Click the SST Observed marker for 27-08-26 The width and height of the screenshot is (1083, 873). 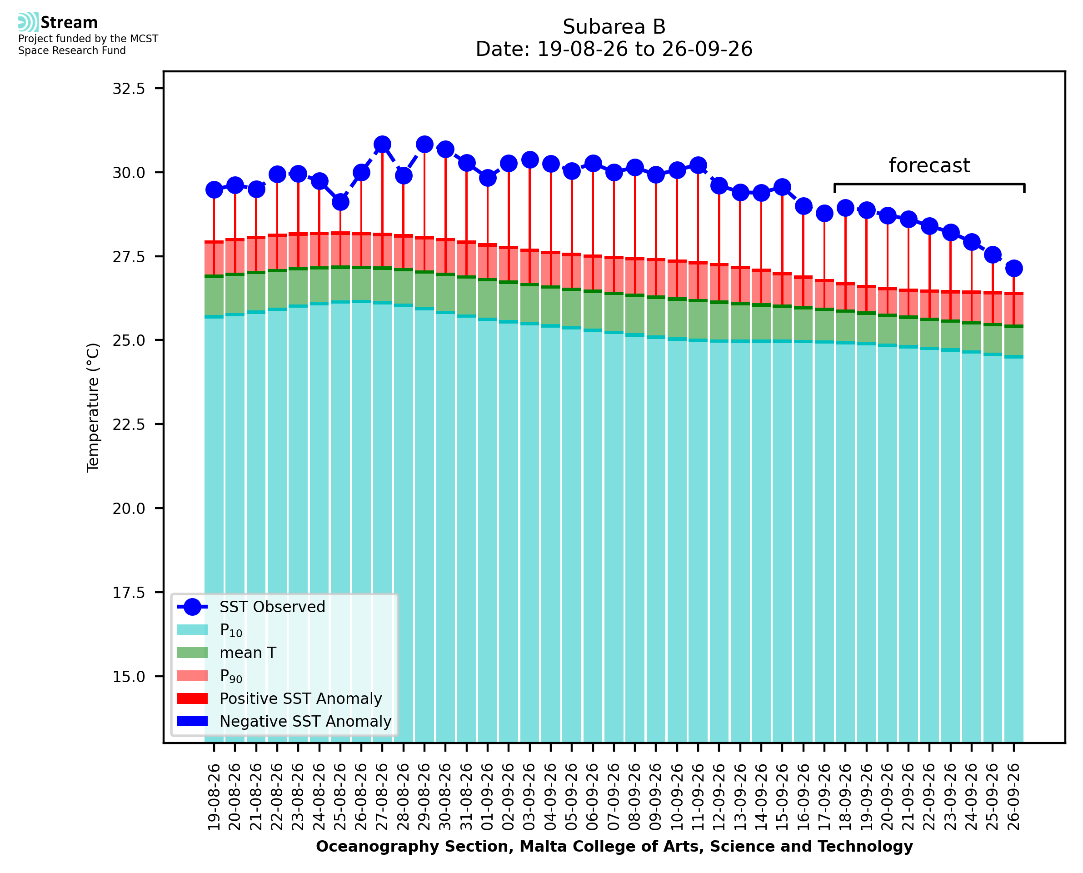coord(382,145)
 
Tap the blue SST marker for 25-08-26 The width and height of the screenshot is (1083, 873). coord(340,202)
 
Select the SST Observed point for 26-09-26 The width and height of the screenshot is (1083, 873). coord(1013,269)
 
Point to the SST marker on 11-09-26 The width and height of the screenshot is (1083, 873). coord(698,165)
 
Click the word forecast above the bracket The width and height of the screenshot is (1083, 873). coord(929,165)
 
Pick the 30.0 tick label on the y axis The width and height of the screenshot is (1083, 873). coord(129,173)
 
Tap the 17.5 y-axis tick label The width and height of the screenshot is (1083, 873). coord(129,593)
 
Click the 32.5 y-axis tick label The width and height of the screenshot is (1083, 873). coord(129,89)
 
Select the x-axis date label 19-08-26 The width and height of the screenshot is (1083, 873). coord(214,797)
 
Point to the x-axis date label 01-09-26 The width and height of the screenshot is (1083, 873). coord(488,797)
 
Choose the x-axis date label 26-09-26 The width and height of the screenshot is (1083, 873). coord(1013,797)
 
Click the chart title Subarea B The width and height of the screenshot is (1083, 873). coord(614,27)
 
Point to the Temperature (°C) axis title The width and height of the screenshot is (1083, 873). coord(94,407)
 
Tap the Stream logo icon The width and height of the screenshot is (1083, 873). coord(28,22)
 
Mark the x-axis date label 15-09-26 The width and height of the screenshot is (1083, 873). coord(782,797)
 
